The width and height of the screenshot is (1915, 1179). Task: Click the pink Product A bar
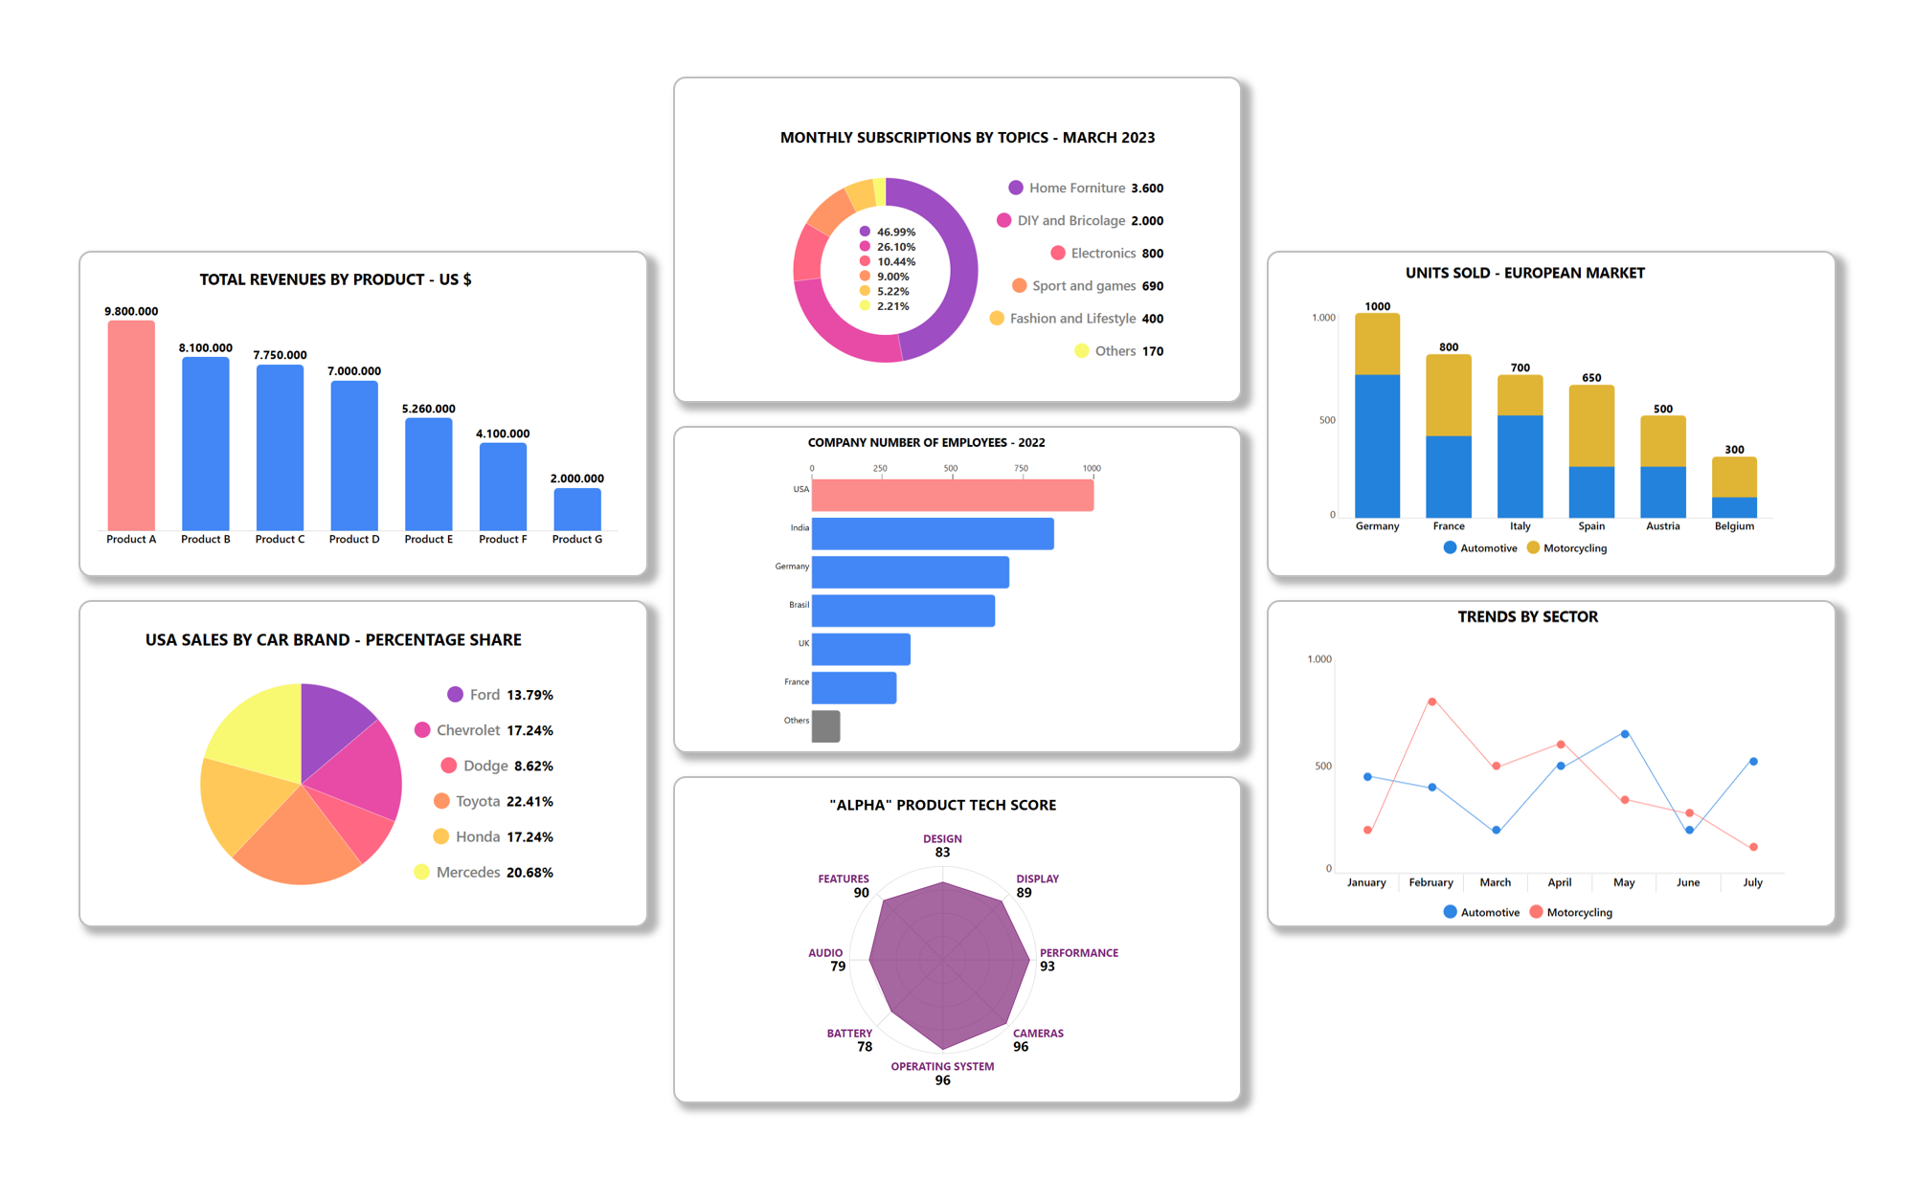131,426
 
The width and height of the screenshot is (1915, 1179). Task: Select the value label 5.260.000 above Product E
428,409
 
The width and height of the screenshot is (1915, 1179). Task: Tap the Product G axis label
577,540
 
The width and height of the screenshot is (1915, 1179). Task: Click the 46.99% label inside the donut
895,232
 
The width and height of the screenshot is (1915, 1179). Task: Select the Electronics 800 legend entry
1106,254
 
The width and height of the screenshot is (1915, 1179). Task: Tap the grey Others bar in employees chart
825,726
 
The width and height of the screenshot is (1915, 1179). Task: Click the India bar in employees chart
932,534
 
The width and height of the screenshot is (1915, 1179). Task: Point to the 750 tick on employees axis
1021,469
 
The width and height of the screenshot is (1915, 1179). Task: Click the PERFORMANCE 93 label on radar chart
1077,959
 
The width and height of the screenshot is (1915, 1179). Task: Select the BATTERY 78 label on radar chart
850,1039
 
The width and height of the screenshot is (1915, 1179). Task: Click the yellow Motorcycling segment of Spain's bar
1591,426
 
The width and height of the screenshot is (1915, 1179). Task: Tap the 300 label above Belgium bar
1734,450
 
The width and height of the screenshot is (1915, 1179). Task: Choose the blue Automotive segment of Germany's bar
1377,445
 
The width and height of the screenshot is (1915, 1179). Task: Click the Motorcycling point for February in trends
1431,701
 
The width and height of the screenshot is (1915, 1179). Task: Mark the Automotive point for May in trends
1625,734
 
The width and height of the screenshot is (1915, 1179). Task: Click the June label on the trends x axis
1688,882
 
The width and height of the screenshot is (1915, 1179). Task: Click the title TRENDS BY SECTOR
1527,617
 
